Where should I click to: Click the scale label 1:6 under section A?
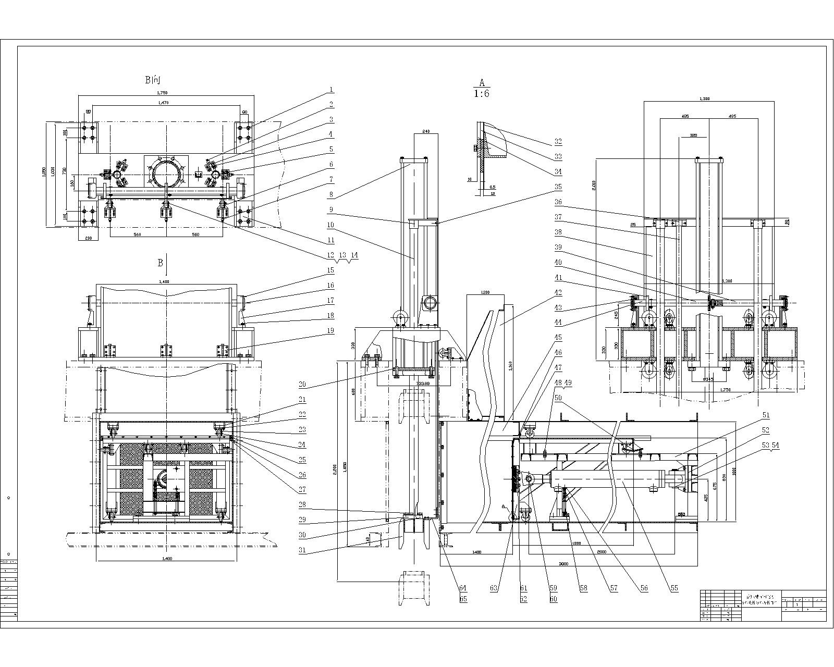482,94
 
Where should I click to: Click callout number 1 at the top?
330,90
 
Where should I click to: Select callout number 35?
558,186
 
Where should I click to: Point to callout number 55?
674,588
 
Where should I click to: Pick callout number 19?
330,330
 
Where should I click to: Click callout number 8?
330,195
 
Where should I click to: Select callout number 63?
494,588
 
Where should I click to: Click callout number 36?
558,202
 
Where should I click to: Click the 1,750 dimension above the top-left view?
163,93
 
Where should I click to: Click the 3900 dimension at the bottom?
563,564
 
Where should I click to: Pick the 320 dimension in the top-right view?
693,135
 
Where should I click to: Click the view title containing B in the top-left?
154,80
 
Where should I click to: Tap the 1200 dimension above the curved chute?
485,292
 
